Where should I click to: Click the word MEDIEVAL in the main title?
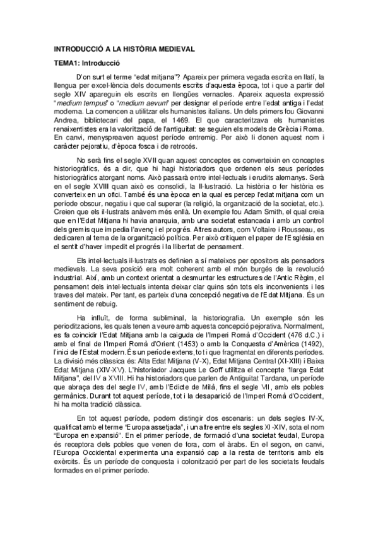click(x=173, y=49)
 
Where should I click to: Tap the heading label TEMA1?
click(x=69, y=64)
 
